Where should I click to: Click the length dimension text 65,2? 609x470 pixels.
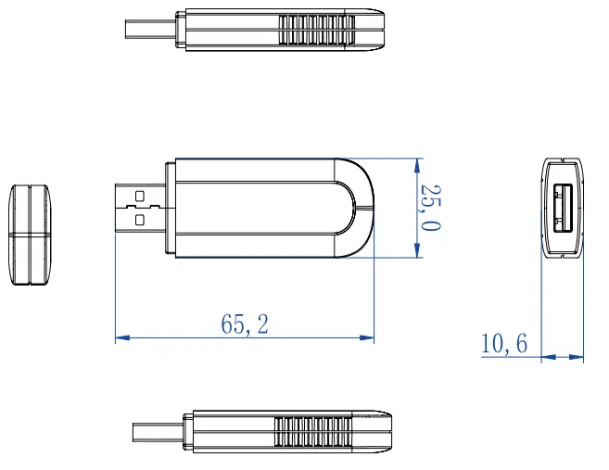click(x=246, y=324)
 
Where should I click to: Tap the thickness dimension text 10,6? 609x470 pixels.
click(x=503, y=344)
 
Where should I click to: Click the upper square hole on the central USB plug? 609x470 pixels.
click(x=140, y=197)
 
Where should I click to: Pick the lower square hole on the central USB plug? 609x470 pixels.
click(x=140, y=220)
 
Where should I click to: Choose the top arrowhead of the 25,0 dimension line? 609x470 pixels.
click(x=417, y=164)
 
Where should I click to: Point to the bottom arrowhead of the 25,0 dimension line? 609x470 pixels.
click(x=417, y=251)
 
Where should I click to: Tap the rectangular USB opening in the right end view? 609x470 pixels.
click(x=562, y=209)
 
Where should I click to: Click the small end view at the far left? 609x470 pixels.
click(x=31, y=235)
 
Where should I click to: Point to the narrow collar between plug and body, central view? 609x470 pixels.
click(x=169, y=208)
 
